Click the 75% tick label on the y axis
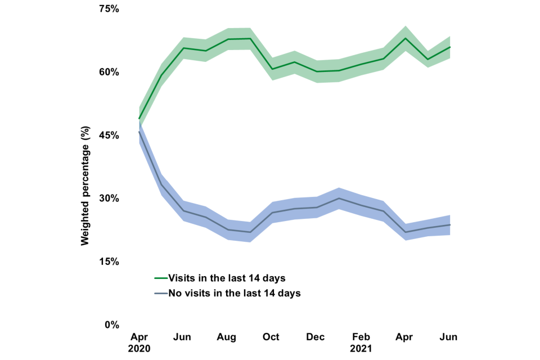click(109, 9)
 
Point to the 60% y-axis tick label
click(109, 72)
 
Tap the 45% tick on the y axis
click(109, 135)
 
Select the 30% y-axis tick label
click(109, 199)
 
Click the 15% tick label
click(109, 262)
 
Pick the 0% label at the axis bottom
click(111, 325)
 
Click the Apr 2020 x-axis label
click(139, 342)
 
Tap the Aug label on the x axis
click(227, 337)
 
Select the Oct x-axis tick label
click(271, 337)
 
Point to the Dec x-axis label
click(316, 337)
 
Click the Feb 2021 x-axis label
click(361, 342)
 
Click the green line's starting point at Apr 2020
click(139, 119)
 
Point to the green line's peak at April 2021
click(405, 38)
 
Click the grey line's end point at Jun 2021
click(450, 225)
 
